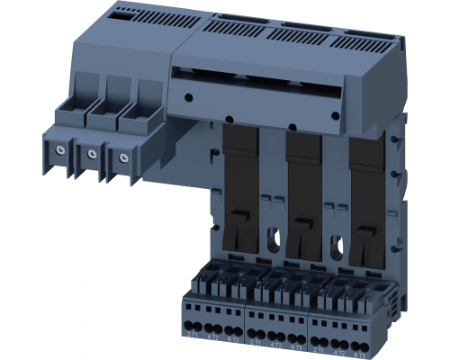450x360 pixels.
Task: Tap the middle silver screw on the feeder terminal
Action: click(x=90, y=153)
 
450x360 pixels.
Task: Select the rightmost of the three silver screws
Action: click(x=116, y=157)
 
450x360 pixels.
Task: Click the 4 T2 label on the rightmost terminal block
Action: click(x=339, y=346)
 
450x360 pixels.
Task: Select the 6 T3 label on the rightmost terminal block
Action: click(x=361, y=347)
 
